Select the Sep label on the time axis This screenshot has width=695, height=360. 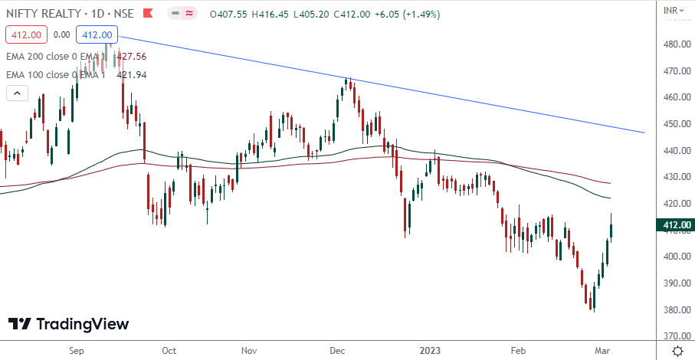[x=76, y=350]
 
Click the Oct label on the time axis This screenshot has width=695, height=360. [x=169, y=350]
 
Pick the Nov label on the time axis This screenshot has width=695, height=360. [x=248, y=350]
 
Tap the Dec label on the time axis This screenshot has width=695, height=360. [x=336, y=350]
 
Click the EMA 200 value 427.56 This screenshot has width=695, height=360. [x=131, y=56]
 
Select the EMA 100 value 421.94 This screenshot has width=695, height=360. [x=131, y=74]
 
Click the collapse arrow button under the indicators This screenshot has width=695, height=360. [x=17, y=93]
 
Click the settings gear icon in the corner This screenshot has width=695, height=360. [x=678, y=350]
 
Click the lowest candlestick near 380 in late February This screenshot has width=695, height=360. [x=592, y=300]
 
